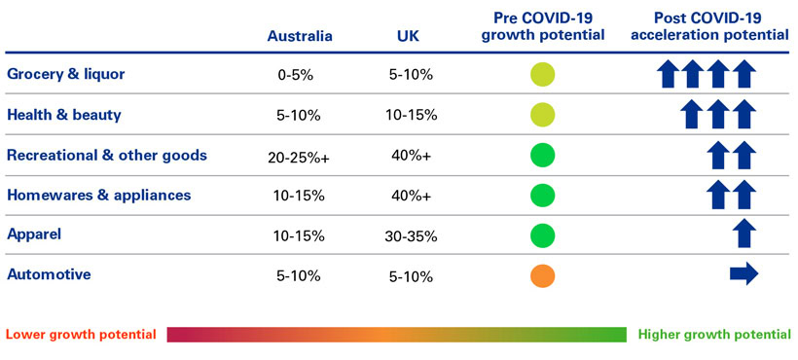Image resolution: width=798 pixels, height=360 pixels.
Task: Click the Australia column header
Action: [300, 36]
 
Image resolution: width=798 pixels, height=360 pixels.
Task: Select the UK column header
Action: [409, 36]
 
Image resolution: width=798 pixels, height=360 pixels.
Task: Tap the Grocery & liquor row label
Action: [65, 74]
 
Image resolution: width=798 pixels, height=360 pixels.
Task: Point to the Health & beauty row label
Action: [64, 115]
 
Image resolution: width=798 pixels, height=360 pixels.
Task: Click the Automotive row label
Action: [49, 274]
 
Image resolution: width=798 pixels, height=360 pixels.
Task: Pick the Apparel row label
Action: [35, 234]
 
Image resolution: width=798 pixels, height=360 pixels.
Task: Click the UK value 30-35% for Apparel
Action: [409, 235]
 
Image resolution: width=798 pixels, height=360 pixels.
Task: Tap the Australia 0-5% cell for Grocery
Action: [297, 75]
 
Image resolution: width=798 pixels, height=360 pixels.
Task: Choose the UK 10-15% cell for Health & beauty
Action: [409, 116]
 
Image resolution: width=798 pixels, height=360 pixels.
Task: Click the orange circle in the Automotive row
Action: [542, 275]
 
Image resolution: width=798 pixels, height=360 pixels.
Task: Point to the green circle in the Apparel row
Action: [542, 235]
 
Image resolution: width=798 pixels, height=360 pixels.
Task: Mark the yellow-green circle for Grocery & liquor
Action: [542, 75]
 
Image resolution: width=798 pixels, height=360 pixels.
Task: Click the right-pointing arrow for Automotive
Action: [744, 275]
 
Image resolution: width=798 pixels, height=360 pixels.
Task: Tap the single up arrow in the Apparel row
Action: [744, 234]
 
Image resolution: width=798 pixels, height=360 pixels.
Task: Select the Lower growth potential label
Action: [81, 335]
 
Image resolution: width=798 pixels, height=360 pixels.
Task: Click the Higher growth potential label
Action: [714, 335]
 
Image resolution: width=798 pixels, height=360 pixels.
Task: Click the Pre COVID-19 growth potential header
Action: [543, 26]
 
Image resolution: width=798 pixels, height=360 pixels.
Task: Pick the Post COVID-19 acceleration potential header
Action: [709, 26]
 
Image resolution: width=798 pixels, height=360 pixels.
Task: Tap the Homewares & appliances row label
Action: [98, 195]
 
